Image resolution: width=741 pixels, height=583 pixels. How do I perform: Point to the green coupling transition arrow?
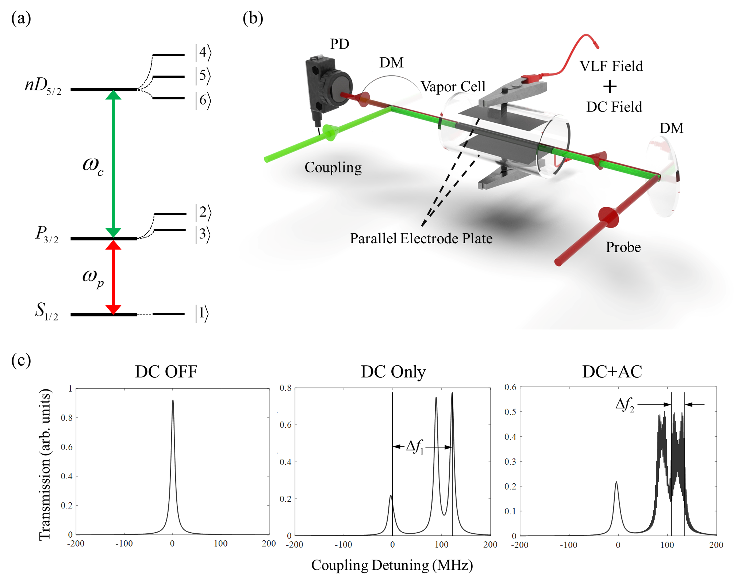click(x=114, y=164)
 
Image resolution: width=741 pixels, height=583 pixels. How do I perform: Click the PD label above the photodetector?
click(x=339, y=44)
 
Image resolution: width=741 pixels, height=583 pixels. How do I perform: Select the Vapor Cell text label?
click(x=453, y=86)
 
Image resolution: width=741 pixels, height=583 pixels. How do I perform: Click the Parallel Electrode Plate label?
click(x=421, y=239)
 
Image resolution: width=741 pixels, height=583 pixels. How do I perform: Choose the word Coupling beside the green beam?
click(x=333, y=168)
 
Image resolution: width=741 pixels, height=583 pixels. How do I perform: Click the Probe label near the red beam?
click(x=623, y=247)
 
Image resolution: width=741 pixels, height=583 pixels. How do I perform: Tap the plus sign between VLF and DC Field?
click(x=610, y=87)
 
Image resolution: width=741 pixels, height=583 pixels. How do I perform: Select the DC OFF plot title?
click(x=166, y=372)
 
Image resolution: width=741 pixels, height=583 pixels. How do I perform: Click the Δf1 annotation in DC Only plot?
click(x=415, y=447)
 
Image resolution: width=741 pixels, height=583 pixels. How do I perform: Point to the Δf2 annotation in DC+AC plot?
click(x=625, y=405)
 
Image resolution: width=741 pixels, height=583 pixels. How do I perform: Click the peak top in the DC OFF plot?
click(x=173, y=401)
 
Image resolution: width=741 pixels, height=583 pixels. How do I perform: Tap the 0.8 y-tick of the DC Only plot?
click(x=285, y=388)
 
